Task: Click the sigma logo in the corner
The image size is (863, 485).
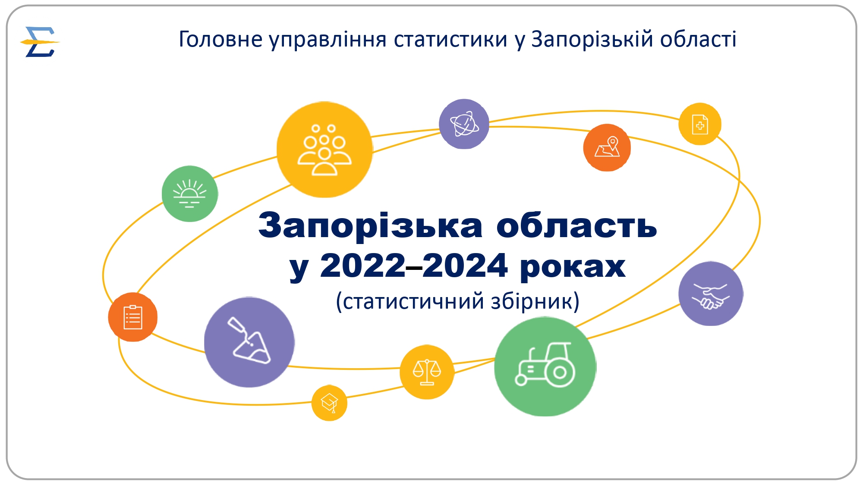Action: (40, 42)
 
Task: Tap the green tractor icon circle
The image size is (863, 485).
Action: (545, 367)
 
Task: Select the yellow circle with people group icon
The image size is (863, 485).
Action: (324, 150)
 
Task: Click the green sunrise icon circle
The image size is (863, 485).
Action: (190, 194)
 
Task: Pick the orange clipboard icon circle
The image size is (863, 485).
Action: (133, 317)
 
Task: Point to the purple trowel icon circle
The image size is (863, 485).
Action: (249, 342)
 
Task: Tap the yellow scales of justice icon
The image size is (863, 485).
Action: (427, 372)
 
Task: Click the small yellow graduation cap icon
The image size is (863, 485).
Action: (329, 403)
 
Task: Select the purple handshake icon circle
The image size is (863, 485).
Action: (711, 294)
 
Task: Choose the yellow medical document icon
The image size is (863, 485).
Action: (700, 124)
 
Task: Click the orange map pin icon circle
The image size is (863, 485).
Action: (607, 148)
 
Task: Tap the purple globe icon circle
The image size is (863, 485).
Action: (464, 124)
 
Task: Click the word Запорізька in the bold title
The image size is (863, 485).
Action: (370, 225)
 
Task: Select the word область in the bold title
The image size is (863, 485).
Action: (576, 225)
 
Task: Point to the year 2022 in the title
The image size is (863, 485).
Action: (363, 266)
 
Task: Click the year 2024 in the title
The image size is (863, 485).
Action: (465, 266)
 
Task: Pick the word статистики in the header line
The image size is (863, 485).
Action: (450, 39)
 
